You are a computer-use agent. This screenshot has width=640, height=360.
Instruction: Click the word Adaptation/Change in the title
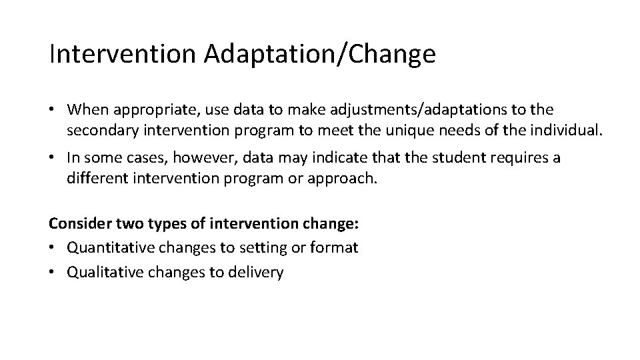[320, 55]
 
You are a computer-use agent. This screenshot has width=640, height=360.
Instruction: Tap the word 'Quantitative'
[107, 248]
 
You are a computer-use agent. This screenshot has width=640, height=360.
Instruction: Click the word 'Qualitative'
[103, 272]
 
